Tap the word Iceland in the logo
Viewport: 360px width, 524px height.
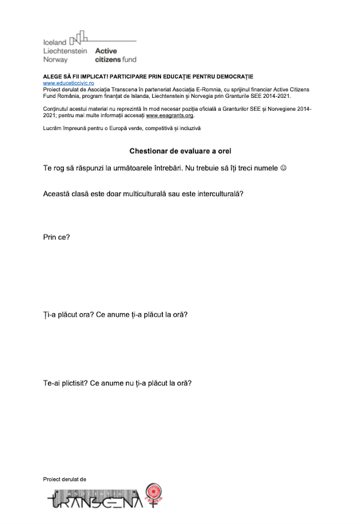tap(55, 43)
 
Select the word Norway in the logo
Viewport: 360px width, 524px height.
tap(56, 60)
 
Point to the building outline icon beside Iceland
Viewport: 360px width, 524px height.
tap(78, 39)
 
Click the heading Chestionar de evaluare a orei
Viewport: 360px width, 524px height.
tap(180, 151)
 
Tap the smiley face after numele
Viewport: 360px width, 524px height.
tap(283, 168)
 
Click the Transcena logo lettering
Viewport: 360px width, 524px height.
tap(94, 499)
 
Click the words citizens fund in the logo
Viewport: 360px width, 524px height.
tap(115, 60)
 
